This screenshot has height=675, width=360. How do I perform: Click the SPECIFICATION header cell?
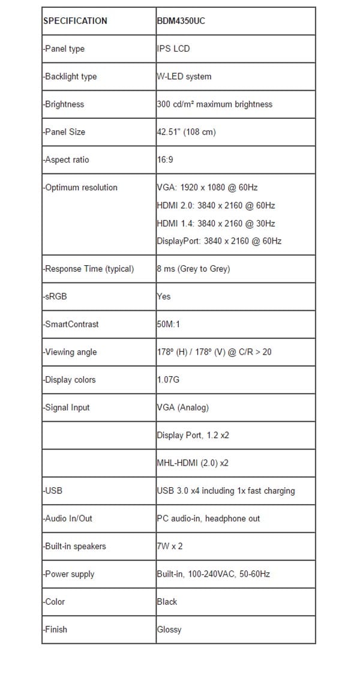point(75,21)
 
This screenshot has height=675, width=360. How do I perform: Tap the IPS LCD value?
point(173,49)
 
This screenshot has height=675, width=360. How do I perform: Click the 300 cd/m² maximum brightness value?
point(214,104)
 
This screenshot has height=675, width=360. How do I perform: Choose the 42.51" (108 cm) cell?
point(185,131)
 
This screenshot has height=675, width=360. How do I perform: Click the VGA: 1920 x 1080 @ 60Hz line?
point(207,187)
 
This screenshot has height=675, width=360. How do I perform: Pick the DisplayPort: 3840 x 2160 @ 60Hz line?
point(219,241)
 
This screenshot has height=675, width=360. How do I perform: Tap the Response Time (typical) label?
point(88,269)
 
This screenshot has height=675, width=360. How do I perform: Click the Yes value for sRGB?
point(164,296)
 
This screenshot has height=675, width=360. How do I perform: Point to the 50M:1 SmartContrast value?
point(168,324)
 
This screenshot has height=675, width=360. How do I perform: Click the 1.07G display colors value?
point(168,380)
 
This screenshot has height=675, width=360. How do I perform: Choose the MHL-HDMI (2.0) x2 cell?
point(192,463)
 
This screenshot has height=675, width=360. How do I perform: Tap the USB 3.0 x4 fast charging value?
point(226,491)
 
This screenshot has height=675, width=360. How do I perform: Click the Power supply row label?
point(69,574)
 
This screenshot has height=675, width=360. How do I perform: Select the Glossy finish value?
point(169,629)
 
